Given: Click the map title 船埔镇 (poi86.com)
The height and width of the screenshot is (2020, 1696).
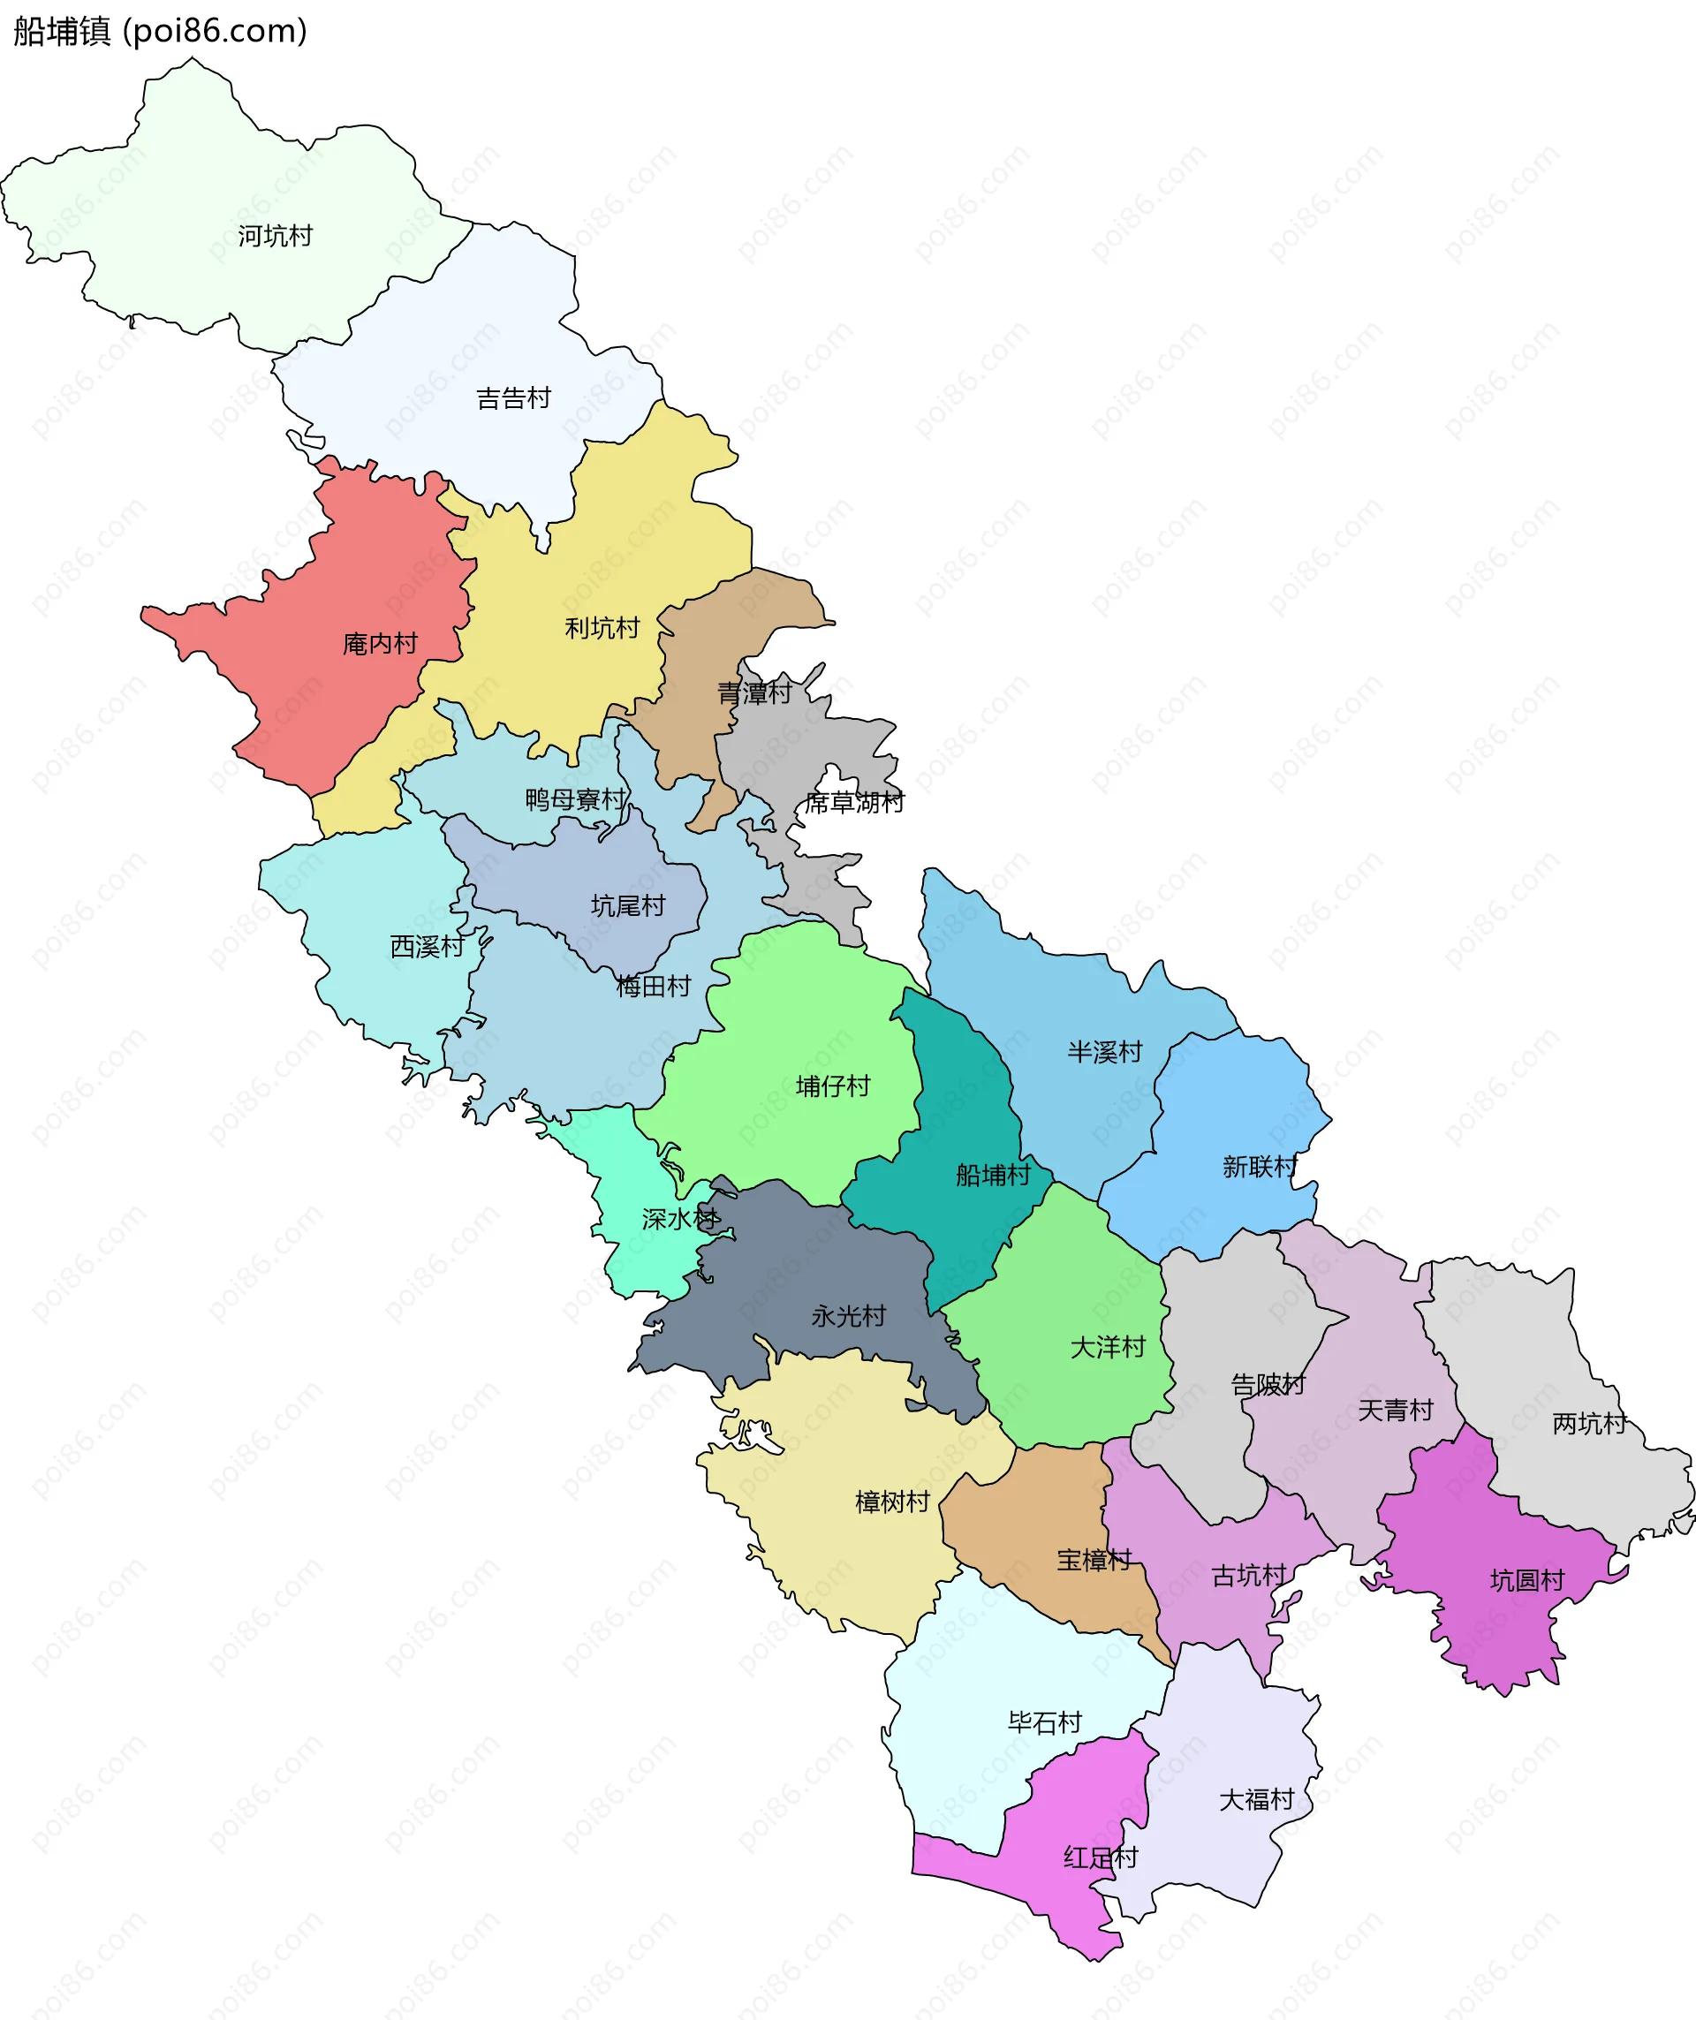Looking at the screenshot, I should (x=160, y=31).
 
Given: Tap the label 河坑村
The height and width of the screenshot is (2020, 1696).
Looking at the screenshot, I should (x=275, y=236).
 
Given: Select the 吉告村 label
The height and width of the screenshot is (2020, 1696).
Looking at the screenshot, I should (x=514, y=397).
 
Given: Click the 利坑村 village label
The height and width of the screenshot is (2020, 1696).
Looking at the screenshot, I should (x=602, y=627).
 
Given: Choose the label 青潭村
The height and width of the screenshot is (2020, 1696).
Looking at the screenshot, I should (x=754, y=692).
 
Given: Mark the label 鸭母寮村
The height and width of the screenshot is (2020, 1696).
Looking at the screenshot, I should (x=575, y=798).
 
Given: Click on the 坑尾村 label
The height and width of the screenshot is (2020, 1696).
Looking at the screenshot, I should (x=627, y=904).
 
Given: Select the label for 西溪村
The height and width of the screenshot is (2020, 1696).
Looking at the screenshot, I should (x=428, y=946).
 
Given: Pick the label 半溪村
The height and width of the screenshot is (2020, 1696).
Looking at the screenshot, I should (x=1104, y=1051).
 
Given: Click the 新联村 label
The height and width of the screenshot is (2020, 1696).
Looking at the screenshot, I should (x=1261, y=1166).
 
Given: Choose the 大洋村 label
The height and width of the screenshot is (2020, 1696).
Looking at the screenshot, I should (x=1109, y=1346).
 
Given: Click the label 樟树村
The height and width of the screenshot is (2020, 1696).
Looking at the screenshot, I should (x=893, y=1501).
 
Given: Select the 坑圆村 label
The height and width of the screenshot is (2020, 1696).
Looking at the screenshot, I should (x=1527, y=1579).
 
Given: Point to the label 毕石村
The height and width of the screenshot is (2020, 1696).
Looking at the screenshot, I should (x=1046, y=1721).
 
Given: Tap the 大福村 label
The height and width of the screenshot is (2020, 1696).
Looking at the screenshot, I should (x=1256, y=1799).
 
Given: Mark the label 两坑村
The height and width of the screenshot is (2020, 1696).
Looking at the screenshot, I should (x=1589, y=1423).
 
